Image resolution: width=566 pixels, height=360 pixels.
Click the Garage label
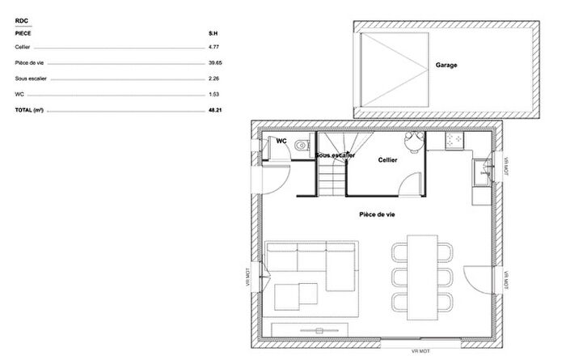pos(446,65)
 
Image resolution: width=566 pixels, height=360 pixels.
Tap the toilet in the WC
pos(301,146)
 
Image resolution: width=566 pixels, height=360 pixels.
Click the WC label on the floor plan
pos(281,141)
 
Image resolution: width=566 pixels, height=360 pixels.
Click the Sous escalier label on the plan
pos(335,155)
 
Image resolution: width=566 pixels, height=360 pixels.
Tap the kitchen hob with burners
pos(454,141)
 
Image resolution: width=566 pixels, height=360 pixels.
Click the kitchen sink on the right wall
pos(484,171)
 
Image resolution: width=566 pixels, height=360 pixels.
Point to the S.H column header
pos(213,35)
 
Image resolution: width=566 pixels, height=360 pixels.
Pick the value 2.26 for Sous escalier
pos(214,78)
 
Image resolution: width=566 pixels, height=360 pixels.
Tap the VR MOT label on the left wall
pos(248,277)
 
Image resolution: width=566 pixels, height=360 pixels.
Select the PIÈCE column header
pos(23,35)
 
